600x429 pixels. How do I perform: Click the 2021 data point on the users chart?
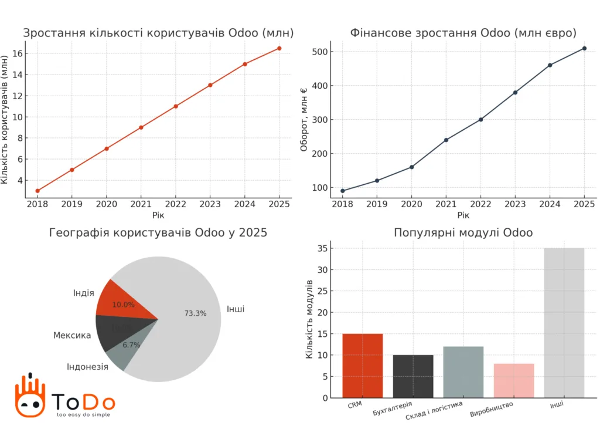141,127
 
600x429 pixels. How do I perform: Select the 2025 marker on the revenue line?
584,48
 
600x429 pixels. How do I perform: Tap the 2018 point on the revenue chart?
342,191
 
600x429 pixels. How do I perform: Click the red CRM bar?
363,365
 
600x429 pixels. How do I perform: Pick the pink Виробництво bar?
513,380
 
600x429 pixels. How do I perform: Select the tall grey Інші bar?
564,323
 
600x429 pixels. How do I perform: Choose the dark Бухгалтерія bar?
413,376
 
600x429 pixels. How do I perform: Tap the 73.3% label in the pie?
195,313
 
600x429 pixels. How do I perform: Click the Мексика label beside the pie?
72,336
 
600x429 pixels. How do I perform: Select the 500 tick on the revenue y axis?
319,52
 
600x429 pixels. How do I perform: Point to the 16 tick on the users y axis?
17,53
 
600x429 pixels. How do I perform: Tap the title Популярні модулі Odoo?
463,233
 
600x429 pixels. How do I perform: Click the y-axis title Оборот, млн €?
304,120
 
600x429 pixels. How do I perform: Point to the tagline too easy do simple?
83,414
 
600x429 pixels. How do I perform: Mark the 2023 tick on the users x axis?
210,204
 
